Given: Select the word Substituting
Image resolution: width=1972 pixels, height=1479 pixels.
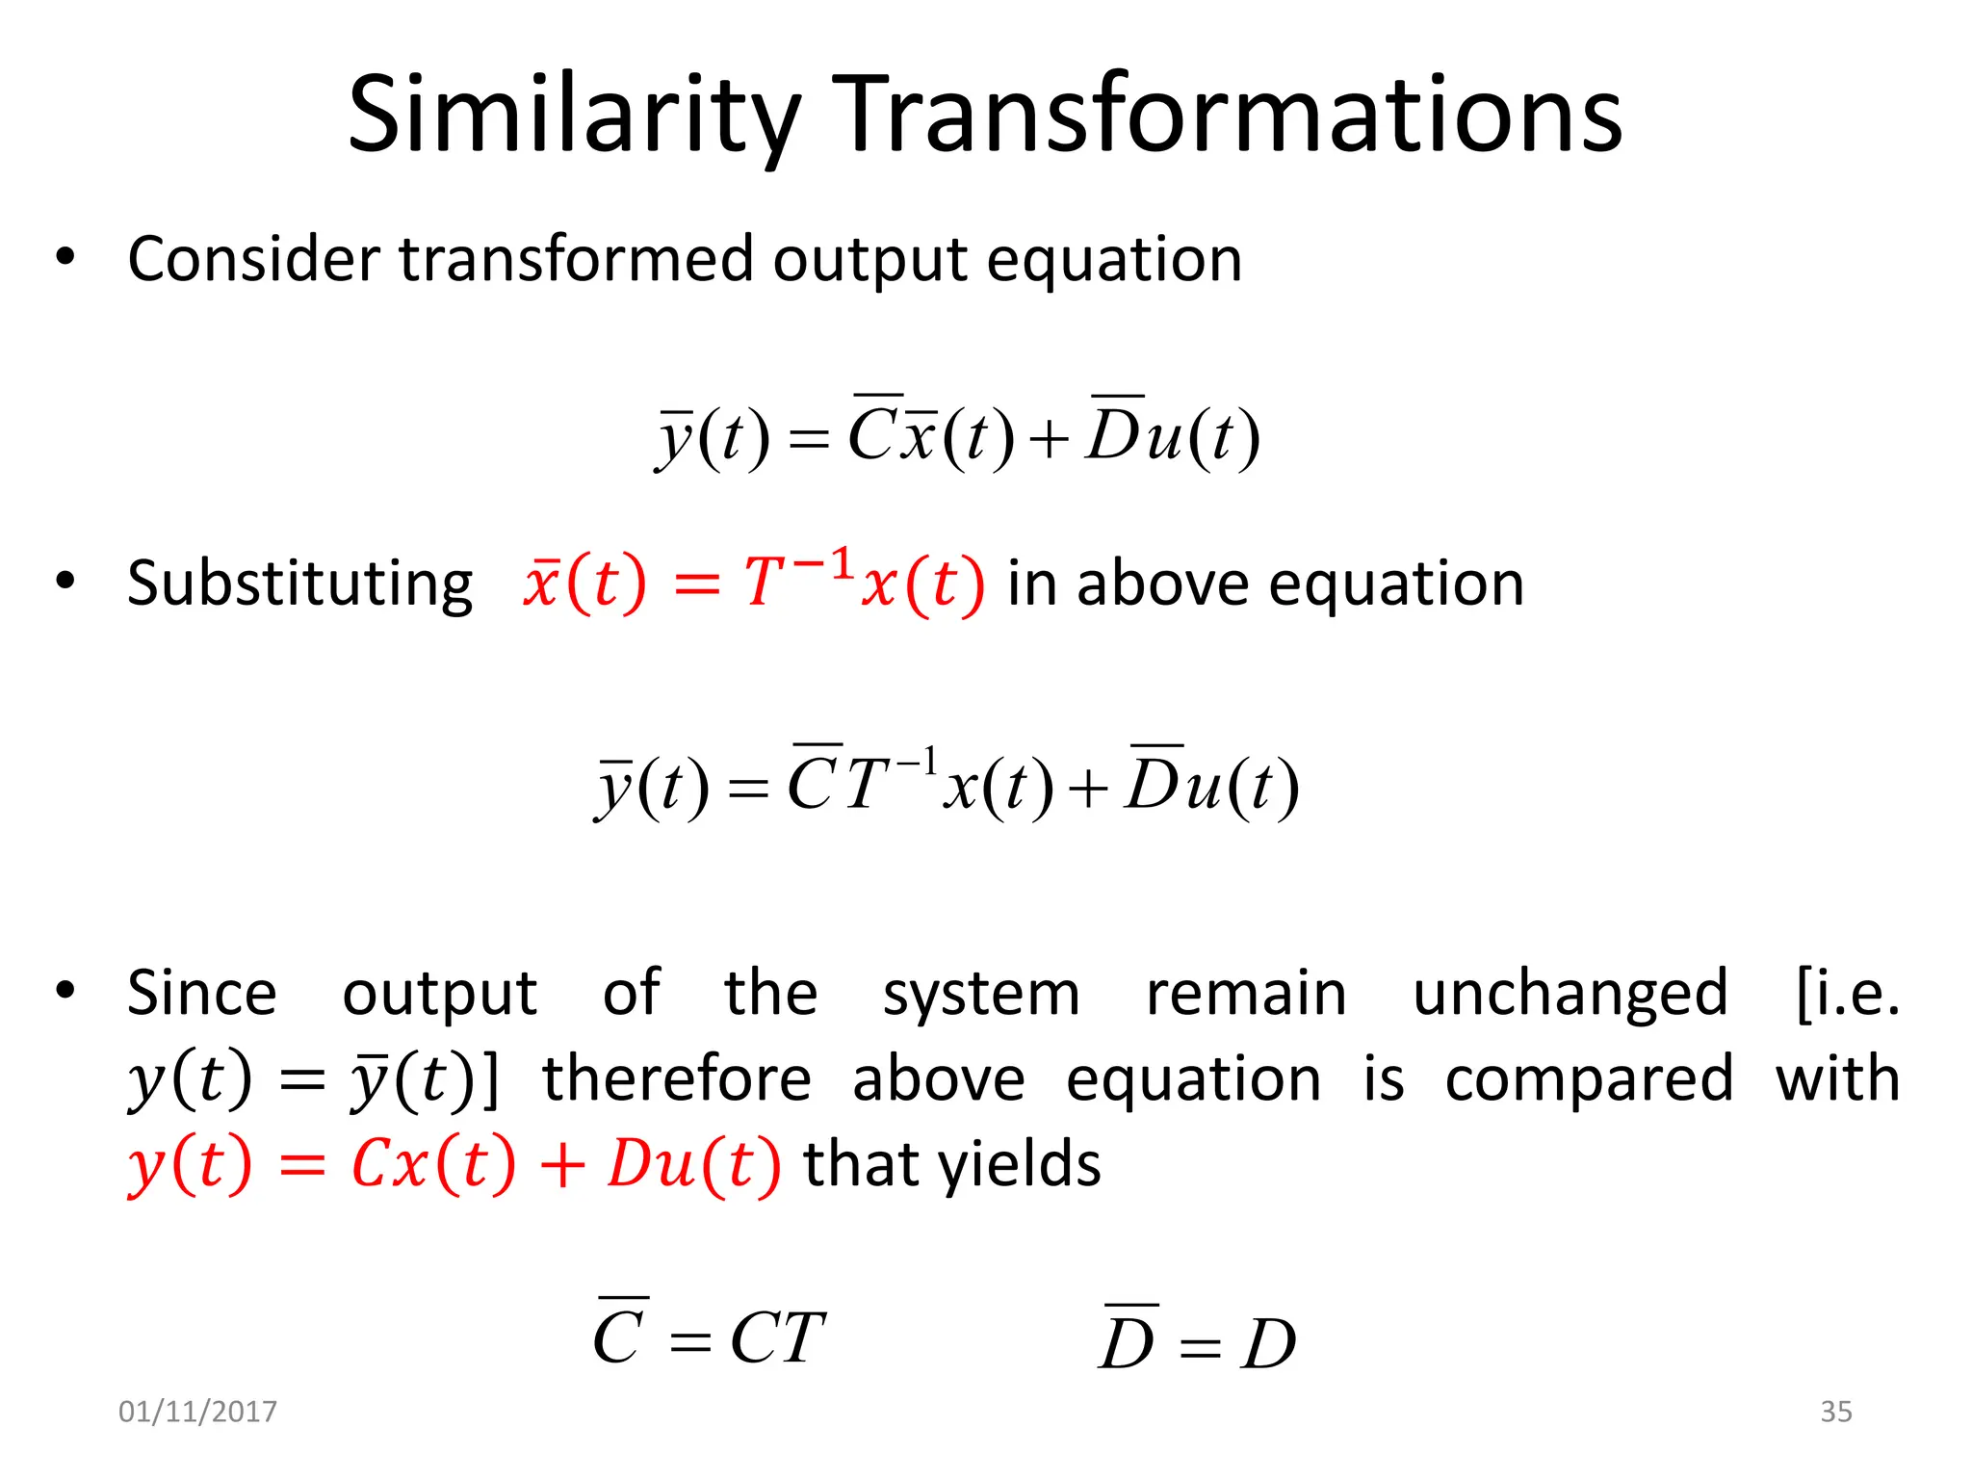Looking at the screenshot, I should tap(299, 584).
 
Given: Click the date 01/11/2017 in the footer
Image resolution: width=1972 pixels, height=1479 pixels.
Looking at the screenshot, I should tap(197, 1412).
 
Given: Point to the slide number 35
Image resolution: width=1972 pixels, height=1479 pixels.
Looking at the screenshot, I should tap(1835, 1412).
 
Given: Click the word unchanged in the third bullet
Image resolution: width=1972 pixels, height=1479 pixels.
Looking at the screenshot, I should tap(1570, 994).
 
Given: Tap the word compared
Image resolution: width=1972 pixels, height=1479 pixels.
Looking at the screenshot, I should tap(1589, 1078).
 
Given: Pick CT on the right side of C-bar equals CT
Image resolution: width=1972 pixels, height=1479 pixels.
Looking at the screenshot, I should tap(777, 1338).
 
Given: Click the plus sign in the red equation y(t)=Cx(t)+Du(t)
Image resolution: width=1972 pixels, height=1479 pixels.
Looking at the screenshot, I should tap(562, 1165).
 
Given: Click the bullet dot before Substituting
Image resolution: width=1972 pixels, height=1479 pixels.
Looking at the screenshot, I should tap(65, 581).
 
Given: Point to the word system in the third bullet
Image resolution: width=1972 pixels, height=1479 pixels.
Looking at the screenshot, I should tap(981, 994).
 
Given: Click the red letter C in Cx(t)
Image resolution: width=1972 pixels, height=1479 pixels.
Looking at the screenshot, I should tap(370, 1164).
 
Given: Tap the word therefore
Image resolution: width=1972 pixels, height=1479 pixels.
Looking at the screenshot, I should tap(677, 1078).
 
